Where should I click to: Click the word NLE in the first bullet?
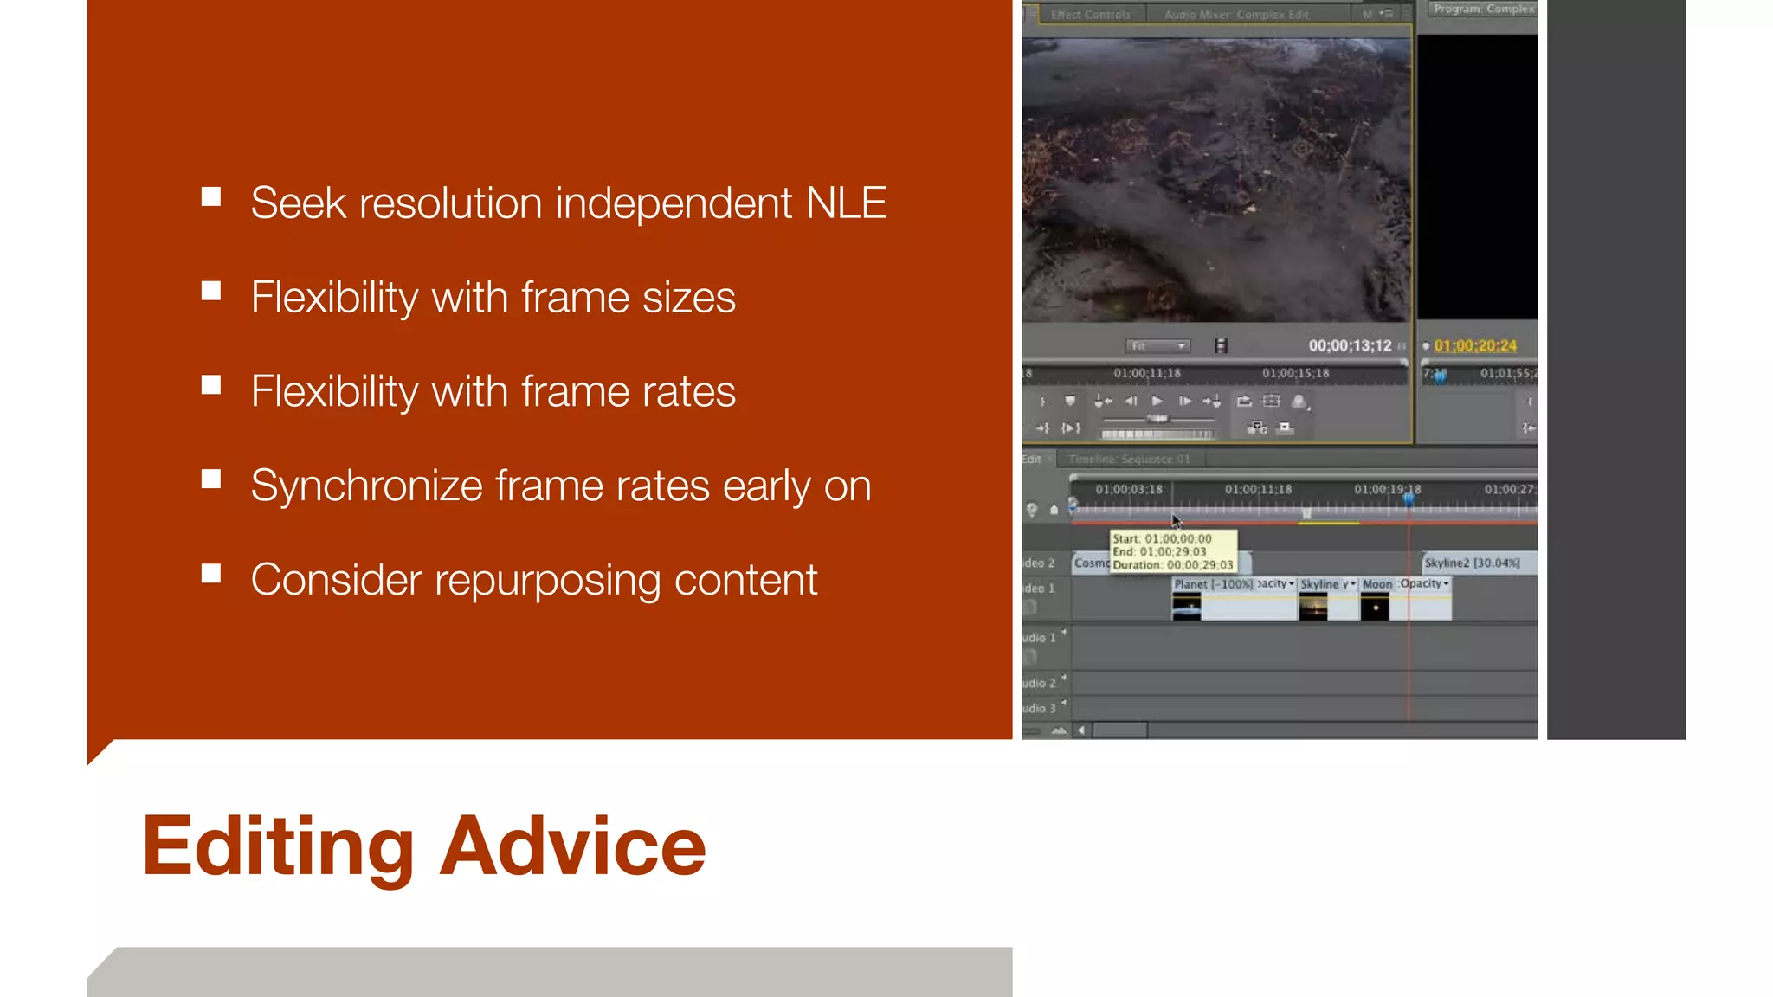[x=846, y=203]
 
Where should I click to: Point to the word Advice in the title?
[x=573, y=846]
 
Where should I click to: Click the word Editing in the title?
[x=278, y=846]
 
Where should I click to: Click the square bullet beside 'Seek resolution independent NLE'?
[x=211, y=197]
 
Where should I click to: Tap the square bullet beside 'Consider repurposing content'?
[x=211, y=574]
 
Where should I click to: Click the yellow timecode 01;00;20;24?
[x=1475, y=346]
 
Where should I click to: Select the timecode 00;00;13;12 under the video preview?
[x=1350, y=346]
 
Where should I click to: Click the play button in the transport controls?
[x=1157, y=401]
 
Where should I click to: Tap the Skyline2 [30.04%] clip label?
[x=1472, y=563]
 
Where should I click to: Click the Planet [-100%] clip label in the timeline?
[x=1213, y=584]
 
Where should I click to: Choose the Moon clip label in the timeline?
[x=1376, y=584]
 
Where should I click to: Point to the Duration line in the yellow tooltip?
[x=1172, y=565]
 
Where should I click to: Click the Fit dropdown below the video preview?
[x=1157, y=346]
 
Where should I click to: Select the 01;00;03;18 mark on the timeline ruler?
[x=1129, y=490]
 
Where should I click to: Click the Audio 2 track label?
[x=1039, y=684]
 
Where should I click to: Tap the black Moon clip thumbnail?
[x=1375, y=608]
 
